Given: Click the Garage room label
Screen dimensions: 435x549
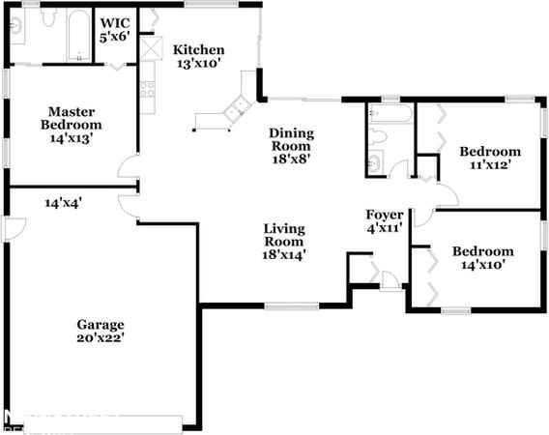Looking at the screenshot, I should pyautogui.click(x=101, y=324).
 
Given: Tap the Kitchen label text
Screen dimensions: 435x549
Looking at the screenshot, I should pyautogui.click(x=198, y=50).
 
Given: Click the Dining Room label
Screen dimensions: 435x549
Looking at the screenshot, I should pyautogui.click(x=290, y=140).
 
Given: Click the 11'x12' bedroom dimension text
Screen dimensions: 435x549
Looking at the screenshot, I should pyautogui.click(x=489, y=164).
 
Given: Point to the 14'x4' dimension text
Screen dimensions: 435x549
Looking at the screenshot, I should pyautogui.click(x=63, y=203).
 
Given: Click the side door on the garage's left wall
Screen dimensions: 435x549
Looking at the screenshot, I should pyautogui.click(x=12, y=228).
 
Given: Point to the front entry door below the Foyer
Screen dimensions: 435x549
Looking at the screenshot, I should pyautogui.click(x=390, y=281).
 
